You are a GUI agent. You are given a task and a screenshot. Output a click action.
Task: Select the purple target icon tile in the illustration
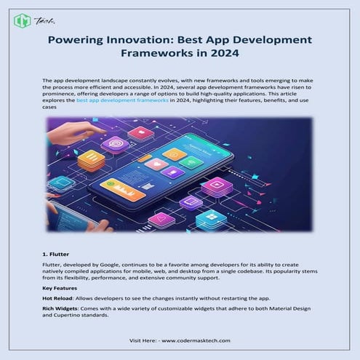pos(114,143)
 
